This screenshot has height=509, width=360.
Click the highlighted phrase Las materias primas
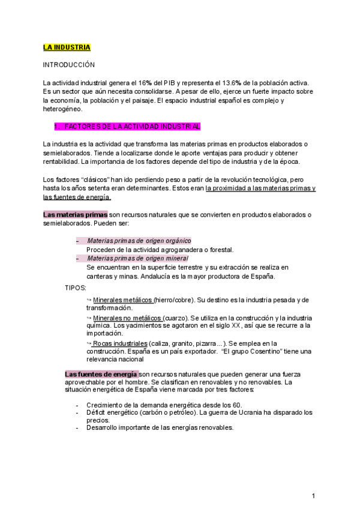tap(75, 214)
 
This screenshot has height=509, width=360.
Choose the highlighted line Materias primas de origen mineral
tap(137, 258)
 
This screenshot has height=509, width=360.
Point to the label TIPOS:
tap(75, 288)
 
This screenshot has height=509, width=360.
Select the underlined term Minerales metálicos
tap(123, 300)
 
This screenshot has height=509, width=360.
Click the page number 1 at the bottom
tap(314, 496)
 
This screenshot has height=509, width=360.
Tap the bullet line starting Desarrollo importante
tap(160, 428)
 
